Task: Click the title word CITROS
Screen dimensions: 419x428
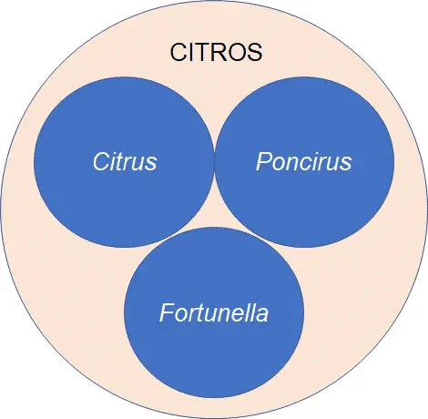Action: point(217,53)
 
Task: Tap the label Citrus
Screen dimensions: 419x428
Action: point(125,162)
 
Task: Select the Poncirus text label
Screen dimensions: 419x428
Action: point(303,162)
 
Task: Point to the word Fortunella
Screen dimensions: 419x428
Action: point(214,314)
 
